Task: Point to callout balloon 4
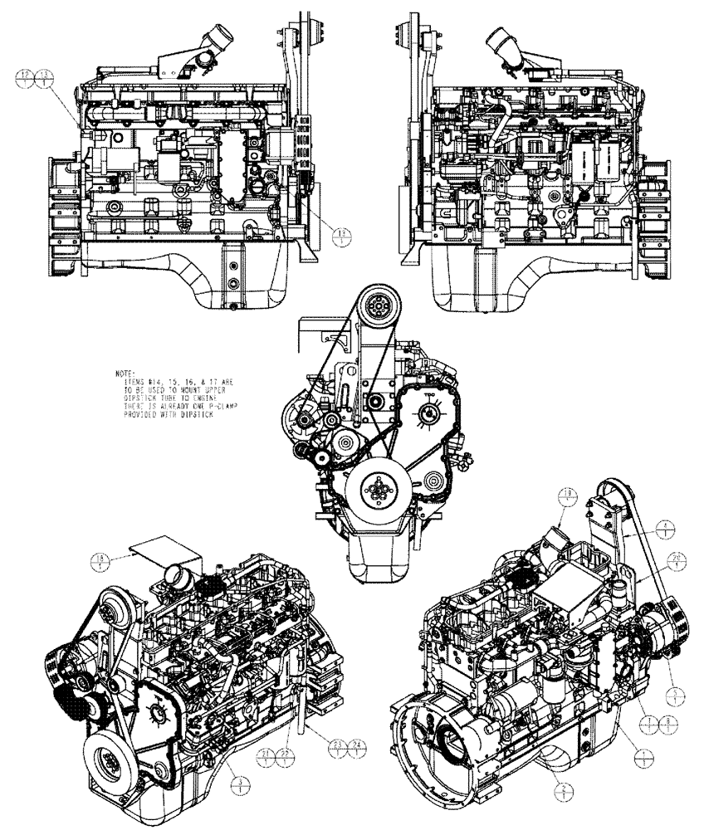coord(668,526)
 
